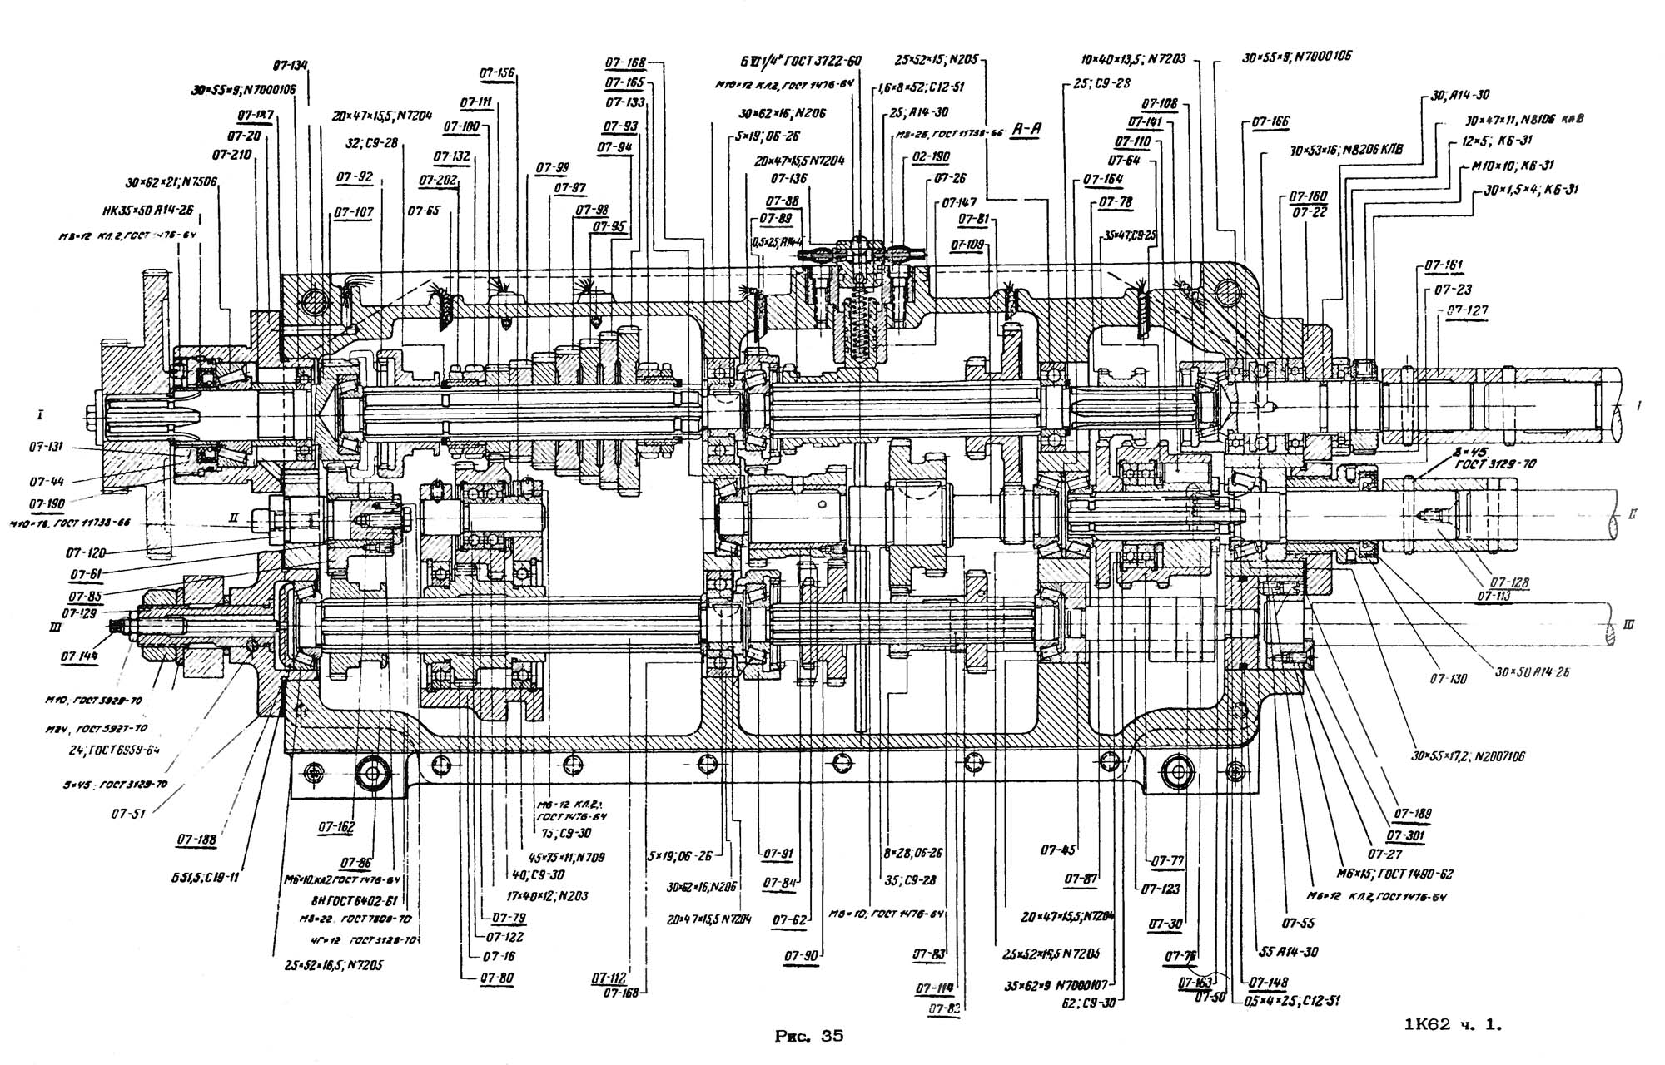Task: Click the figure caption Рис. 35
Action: point(808,1036)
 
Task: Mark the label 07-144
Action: point(78,656)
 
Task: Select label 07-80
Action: point(496,978)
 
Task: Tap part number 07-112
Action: point(609,978)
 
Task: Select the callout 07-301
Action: point(1405,835)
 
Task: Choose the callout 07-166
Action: point(1270,121)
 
